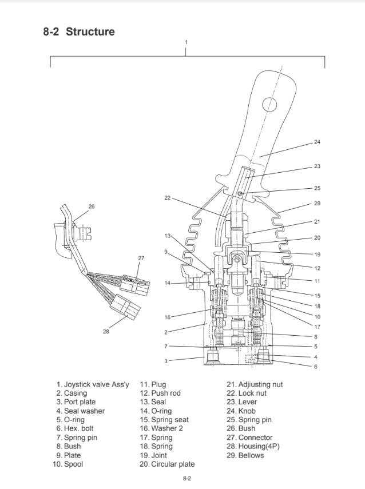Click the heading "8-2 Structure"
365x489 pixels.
[x=79, y=31]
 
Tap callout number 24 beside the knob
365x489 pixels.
[x=317, y=142]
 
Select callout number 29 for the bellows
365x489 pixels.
[x=317, y=204]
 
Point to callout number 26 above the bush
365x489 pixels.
[x=92, y=206]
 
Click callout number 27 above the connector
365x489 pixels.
[x=141, y=258]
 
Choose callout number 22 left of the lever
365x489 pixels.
[x=167, y=198]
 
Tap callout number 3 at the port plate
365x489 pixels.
[x=166, y=361]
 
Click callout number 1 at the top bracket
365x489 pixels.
[x=186, y=42]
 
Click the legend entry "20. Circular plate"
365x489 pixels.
[x=167, y=464]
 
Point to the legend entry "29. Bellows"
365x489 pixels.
[x=245, y=455]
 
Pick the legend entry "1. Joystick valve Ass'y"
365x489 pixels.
[x=89, y=384]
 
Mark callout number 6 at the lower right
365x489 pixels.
[x=316, y=367]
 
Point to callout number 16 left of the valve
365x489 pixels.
[x=167, y=317]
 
